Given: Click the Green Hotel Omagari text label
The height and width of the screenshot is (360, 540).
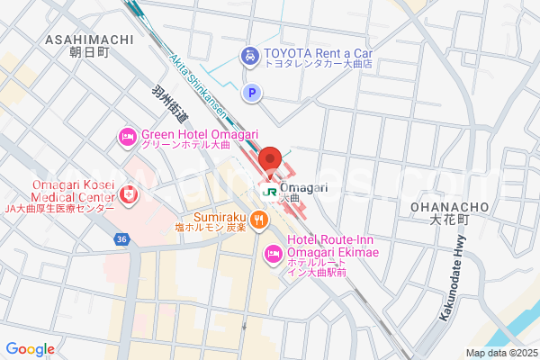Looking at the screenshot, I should tap(186, 138).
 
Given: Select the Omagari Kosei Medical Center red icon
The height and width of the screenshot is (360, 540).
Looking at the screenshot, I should tap(128, 194).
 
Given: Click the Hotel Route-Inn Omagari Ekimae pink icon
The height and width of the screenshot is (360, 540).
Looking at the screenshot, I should tap(272, 256).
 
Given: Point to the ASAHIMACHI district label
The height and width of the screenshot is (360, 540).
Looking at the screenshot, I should tap(88, 46).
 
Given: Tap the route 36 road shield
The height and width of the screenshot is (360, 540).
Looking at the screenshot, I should tap(121, 238).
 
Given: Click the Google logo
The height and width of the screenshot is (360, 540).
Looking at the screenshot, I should tap(30, 349).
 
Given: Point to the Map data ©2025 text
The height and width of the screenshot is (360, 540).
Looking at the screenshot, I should tap(500, 353).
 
